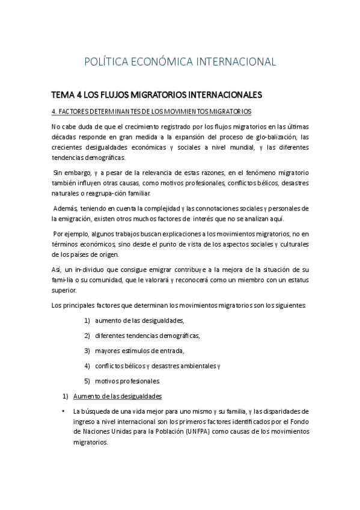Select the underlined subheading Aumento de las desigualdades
[117, 396]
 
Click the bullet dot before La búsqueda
[64, 411]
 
